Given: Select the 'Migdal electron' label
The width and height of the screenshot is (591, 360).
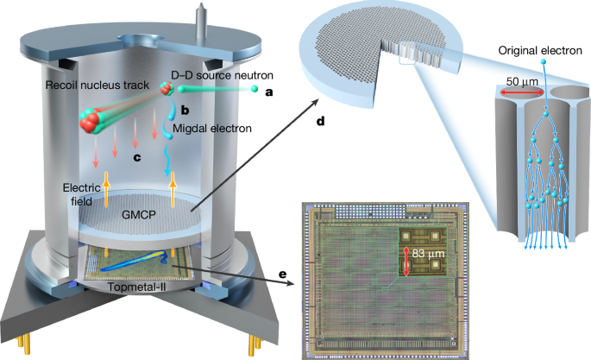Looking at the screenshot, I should coord(212,129).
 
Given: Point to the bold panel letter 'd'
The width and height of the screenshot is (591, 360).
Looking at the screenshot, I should coord(320,121).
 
